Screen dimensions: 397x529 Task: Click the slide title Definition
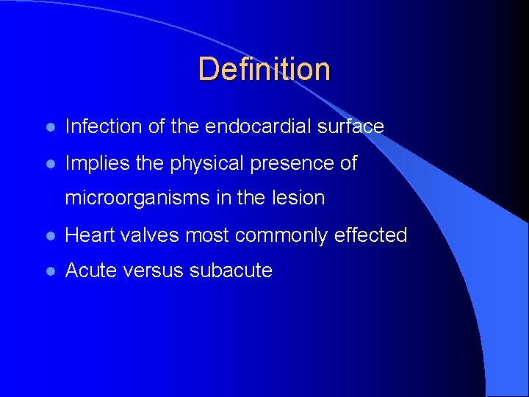(264, 69)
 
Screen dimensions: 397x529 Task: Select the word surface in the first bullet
(350, 126)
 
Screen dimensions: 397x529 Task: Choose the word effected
(370, 235)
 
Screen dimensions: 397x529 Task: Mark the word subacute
(231, 271)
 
